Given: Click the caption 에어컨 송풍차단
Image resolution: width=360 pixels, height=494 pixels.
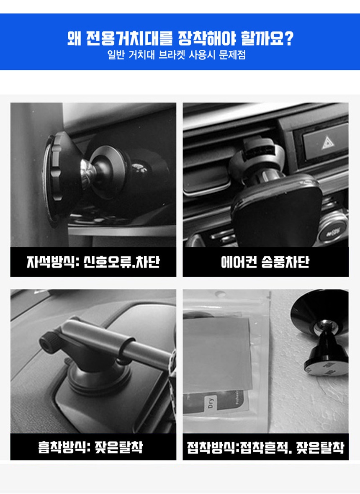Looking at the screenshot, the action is (x=265, y=262).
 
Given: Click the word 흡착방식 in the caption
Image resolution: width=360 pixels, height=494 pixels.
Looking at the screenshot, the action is (x=62, y=447).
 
